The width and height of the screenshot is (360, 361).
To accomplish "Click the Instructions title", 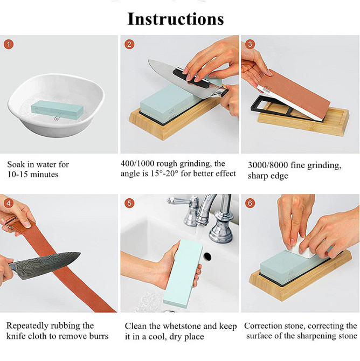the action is click(176, 19).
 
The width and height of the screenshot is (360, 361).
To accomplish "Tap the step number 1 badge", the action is click(9, 44).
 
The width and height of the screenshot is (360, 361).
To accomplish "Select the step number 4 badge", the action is click(9, 203).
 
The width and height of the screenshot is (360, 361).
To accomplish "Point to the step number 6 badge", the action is click(250, 203).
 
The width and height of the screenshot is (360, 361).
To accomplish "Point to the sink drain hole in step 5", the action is click(207, 256).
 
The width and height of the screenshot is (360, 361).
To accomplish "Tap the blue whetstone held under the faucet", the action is click(183, 274).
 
